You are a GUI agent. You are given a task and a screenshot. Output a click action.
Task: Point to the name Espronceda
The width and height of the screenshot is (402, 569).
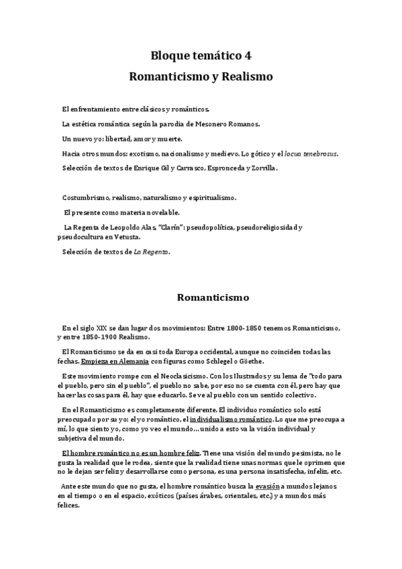[x=225, y=168]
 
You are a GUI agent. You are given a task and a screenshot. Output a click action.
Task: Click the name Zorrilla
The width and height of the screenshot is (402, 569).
[x=263, y=168]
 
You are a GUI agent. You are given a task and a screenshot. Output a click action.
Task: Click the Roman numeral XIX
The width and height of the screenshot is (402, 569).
[x=103, y=328]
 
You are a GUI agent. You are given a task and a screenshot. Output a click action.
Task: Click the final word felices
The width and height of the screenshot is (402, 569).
[x=69, y=505]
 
